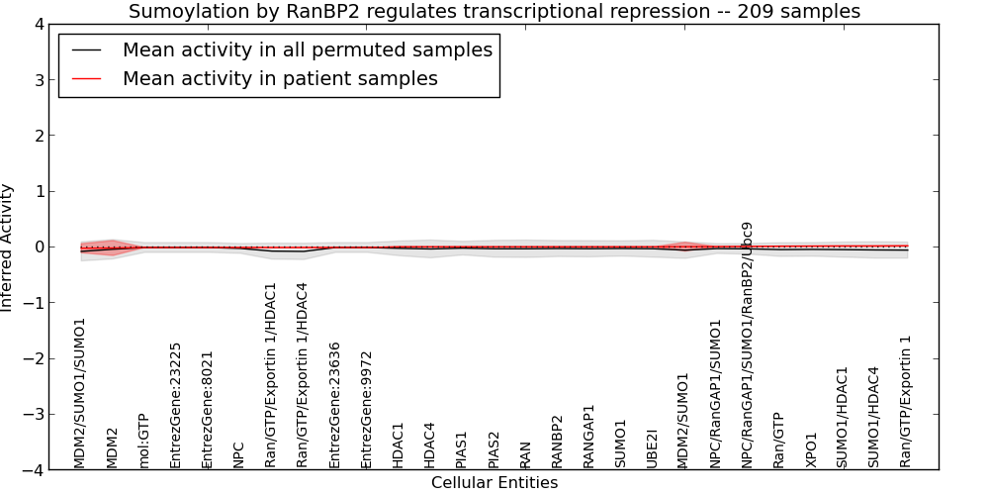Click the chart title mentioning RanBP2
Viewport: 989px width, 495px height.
pyautogui.click(x=494, y=11)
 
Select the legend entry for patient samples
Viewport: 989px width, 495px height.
pyautogui.click(x=280, y=78)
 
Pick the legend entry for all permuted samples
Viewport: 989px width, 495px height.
pyautogui.click(x=308, y=49)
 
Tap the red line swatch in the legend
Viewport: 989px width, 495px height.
pyautogui.click(x=86, y=79)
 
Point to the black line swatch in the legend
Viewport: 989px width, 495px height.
pyautogui.click(x=86, y=49)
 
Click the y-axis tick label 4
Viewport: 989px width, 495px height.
pyautogui.click(x=40, y=25)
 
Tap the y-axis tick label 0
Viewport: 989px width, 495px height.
pyautogui.click(x=40, y=247)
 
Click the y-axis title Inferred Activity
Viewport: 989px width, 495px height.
pyautogui.click(x=6, y=247)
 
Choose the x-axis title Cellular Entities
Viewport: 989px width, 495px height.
pyautogui.click(x=494, y=483)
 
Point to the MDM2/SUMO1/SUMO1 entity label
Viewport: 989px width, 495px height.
pyautogui.click(x=79, y=393)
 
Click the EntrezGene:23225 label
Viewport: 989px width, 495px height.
pyautogui.click(x=175, y=405)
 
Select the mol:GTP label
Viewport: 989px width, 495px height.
pyautogui.click(x=143, y=442)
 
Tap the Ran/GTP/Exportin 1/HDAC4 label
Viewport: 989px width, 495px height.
pyautogui.click(x=302, y=375)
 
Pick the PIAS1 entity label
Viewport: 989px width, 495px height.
pyautogui.click(x=461, y=449)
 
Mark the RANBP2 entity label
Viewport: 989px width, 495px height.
pyautogui.click(x=556, y=442)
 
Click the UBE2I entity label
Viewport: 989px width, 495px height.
pyautogui.click(x=652, y=449)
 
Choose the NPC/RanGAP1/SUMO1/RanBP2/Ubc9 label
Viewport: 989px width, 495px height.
pyautogui.click(x=748, y=345)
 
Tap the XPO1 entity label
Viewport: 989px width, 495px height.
pyautogui.click(x=811, y=450)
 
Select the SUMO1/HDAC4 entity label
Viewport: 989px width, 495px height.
pyautogui.click(x=873, y=418)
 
